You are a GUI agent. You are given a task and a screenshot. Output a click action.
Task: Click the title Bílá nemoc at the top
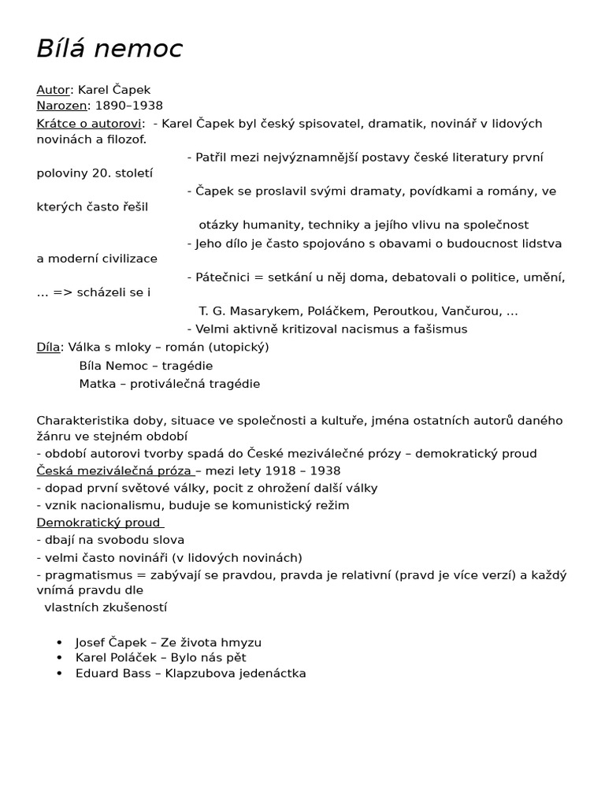(x=109, y=49)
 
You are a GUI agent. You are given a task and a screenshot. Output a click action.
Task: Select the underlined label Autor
(x=53, y=90)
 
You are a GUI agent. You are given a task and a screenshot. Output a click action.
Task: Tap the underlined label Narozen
(x=61, y=106)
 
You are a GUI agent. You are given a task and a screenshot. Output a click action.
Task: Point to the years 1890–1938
(x=129, y=106)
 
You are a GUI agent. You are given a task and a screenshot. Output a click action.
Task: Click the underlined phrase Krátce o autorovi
(x=89, y=124)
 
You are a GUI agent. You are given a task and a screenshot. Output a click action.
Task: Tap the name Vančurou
(x=474, y=311)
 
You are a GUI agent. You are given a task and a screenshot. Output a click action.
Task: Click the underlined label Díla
(x=47, y=347)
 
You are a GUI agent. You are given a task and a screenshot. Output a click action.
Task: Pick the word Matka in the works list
(x=96, y=384)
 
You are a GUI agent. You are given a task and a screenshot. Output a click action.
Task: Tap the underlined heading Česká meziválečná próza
(x=114, y=470)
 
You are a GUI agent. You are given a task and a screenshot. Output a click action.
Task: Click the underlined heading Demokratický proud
(x=99, y=523)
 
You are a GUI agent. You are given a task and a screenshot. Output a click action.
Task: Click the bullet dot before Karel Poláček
(x=60, y=657)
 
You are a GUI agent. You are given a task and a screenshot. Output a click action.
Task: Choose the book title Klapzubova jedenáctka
(x=236, y=673)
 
